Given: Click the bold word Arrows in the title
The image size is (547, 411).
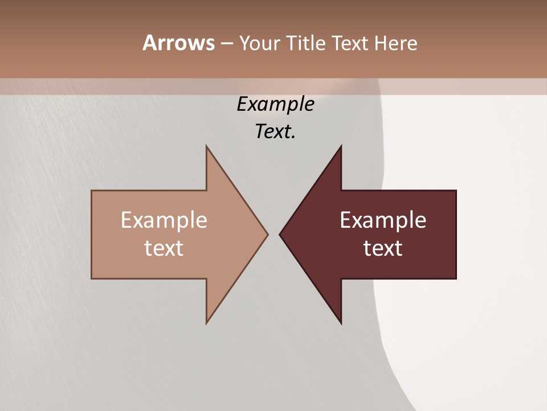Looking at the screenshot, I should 178,43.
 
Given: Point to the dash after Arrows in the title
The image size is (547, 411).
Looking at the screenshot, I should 227,44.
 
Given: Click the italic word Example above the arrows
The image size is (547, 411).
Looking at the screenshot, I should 275,104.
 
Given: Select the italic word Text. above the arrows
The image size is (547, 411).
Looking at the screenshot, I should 275,131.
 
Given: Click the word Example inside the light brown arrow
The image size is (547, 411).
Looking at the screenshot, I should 164,220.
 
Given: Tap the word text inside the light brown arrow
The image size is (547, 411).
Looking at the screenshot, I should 164,248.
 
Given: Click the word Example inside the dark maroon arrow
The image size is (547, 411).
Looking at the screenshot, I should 383,220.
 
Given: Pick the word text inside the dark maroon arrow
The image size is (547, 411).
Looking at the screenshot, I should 383,248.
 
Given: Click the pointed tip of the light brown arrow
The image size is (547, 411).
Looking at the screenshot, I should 267,234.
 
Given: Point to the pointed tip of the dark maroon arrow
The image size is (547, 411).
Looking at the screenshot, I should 280,234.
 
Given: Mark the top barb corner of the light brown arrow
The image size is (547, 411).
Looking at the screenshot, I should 207,146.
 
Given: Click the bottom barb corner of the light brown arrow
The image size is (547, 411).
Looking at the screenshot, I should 207,323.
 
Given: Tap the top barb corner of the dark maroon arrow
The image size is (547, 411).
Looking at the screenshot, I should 341,146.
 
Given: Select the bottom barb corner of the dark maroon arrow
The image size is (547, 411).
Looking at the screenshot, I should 341,323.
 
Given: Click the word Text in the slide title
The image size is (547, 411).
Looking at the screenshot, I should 351,43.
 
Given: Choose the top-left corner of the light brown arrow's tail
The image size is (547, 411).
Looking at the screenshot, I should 92,191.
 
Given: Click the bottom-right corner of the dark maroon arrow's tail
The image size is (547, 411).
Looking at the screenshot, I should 456,278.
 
